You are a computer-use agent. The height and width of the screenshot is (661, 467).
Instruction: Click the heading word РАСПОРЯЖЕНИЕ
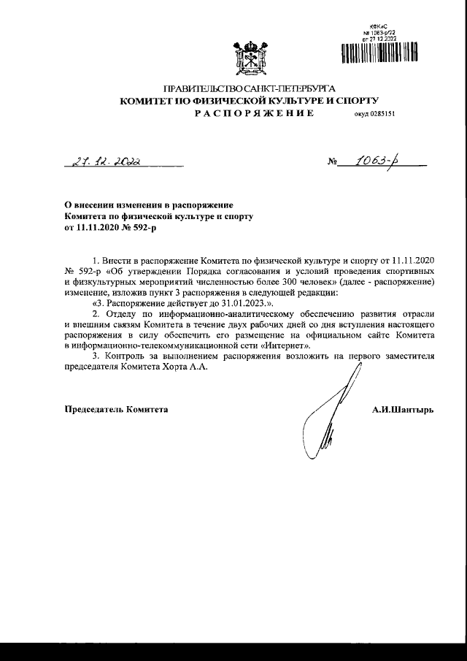tap(254, 115)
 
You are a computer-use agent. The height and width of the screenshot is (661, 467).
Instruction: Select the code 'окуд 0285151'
tap(374, 115)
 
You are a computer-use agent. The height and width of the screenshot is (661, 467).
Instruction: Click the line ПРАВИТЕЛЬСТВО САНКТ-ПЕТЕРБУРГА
tap(252, 88)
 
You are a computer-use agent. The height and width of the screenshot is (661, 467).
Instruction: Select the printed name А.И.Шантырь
tap(403, 409)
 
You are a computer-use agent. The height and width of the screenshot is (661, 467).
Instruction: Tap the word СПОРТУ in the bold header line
tap(357, 101)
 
